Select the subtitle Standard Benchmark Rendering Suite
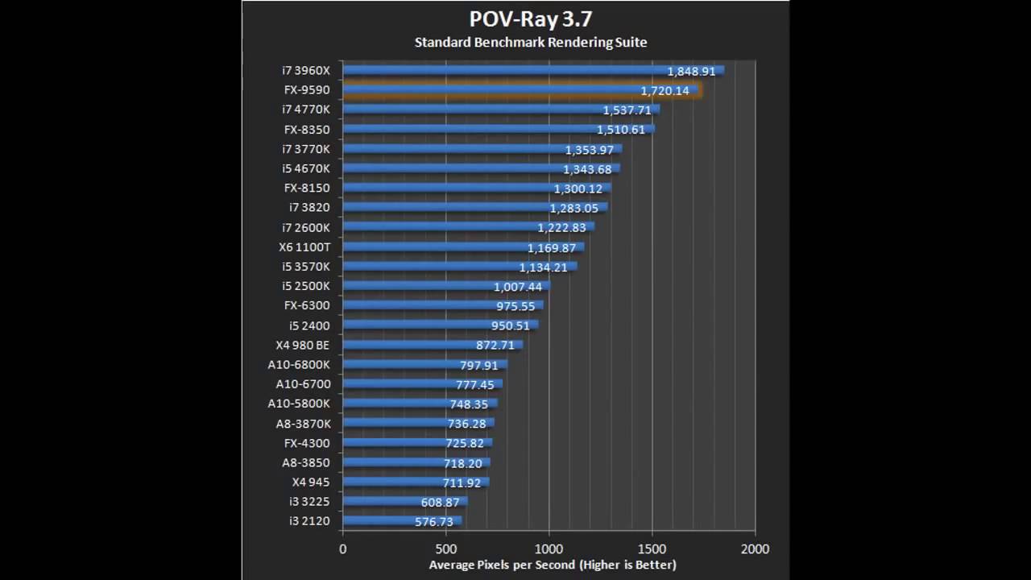click(x=530, y=42)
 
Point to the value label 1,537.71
click(x=627, y=110)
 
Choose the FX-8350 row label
click(x=307, y=129)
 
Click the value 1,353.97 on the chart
click(x=590, y=150)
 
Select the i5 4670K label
click(x=306, y=168)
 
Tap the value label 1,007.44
click(x=518, y=287)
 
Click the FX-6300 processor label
click(x=307, y=305)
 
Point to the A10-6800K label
click(x=299, y=364)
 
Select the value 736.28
click(x=467, y=424)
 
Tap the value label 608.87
click(x=441, y=502)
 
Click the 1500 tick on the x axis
click(x=652, y=549)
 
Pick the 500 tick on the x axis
click(x=446, y=549)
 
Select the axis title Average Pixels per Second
click(x=553, y=565)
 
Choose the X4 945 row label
click(x=311, y=482)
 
